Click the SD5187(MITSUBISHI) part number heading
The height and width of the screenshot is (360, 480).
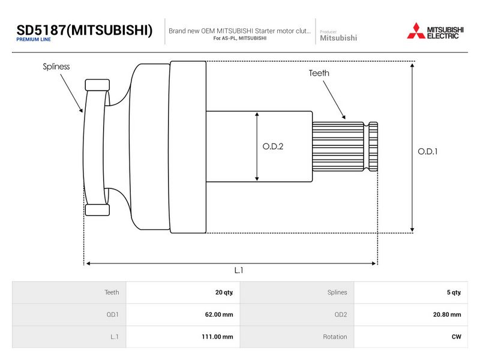[84, 31]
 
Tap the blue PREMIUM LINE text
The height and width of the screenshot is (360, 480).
[34, 40]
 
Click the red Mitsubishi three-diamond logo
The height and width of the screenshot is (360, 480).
[416, 31]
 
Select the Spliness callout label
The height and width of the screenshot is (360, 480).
[56, 67]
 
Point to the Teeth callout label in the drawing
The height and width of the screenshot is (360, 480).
[319, 73]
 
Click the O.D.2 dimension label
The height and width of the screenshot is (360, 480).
[273, 146]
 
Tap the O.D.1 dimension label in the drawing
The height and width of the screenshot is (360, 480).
[428, 151]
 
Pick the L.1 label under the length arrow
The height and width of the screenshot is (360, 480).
[239, 271]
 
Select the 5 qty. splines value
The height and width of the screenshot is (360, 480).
[454, 292]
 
